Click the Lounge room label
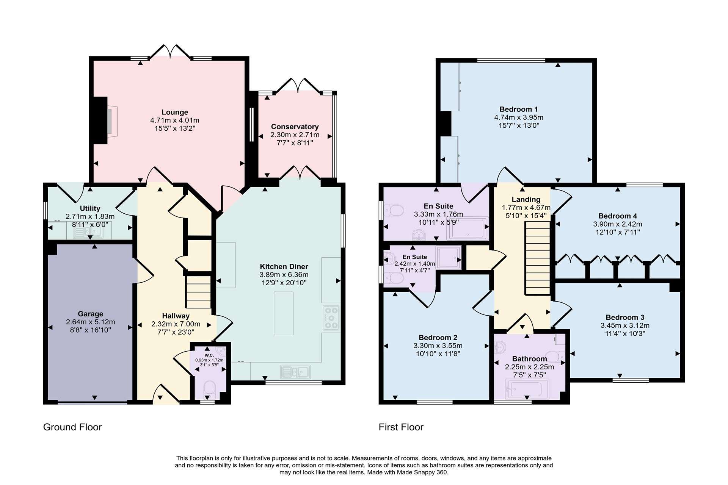coord(174,112)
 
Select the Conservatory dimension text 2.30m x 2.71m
coord(295,135)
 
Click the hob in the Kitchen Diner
coord(331,318)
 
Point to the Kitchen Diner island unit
coord(284,313)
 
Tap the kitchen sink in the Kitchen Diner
coord(295,372)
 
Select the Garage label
coord(90,314)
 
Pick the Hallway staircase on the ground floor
coord(198,292)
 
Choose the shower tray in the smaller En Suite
coord(449,258)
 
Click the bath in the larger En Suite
coord(467,228)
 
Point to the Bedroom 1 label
coord(518,109)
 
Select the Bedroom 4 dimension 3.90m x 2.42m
coord(618,224)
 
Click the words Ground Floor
coord(72,427)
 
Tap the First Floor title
coord(401,427)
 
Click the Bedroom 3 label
coord(625,318)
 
